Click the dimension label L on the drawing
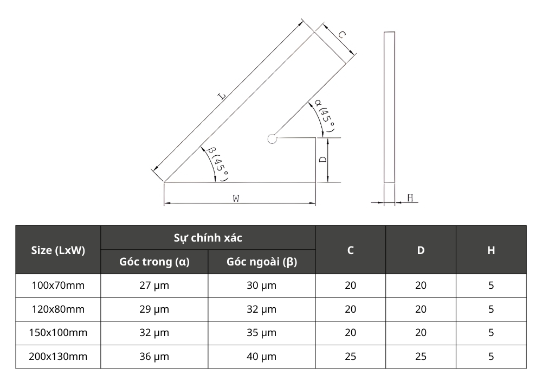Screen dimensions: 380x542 point(222,97)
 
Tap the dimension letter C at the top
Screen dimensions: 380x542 point(343,34)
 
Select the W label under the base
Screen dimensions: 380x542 point(236,199)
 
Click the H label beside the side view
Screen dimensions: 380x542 point(410,199)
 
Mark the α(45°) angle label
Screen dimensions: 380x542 point(325,116)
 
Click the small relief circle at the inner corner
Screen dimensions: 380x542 point(272,139)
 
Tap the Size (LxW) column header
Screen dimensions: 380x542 point(58,250)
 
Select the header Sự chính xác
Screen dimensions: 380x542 point(208,238)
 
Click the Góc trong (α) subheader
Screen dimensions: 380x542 point(154,262)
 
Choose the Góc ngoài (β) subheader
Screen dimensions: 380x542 point(262,262)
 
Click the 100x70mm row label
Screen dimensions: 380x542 point(58,286)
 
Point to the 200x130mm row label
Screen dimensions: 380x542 point(58,357)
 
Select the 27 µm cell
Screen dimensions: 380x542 point(154,286)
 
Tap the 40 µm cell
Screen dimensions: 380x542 point(262,357)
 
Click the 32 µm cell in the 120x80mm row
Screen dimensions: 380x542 point(262,309)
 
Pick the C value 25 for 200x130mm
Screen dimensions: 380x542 point(351,357)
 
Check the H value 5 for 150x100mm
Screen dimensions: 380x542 point(491,333)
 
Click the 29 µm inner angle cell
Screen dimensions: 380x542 point(154,309)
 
